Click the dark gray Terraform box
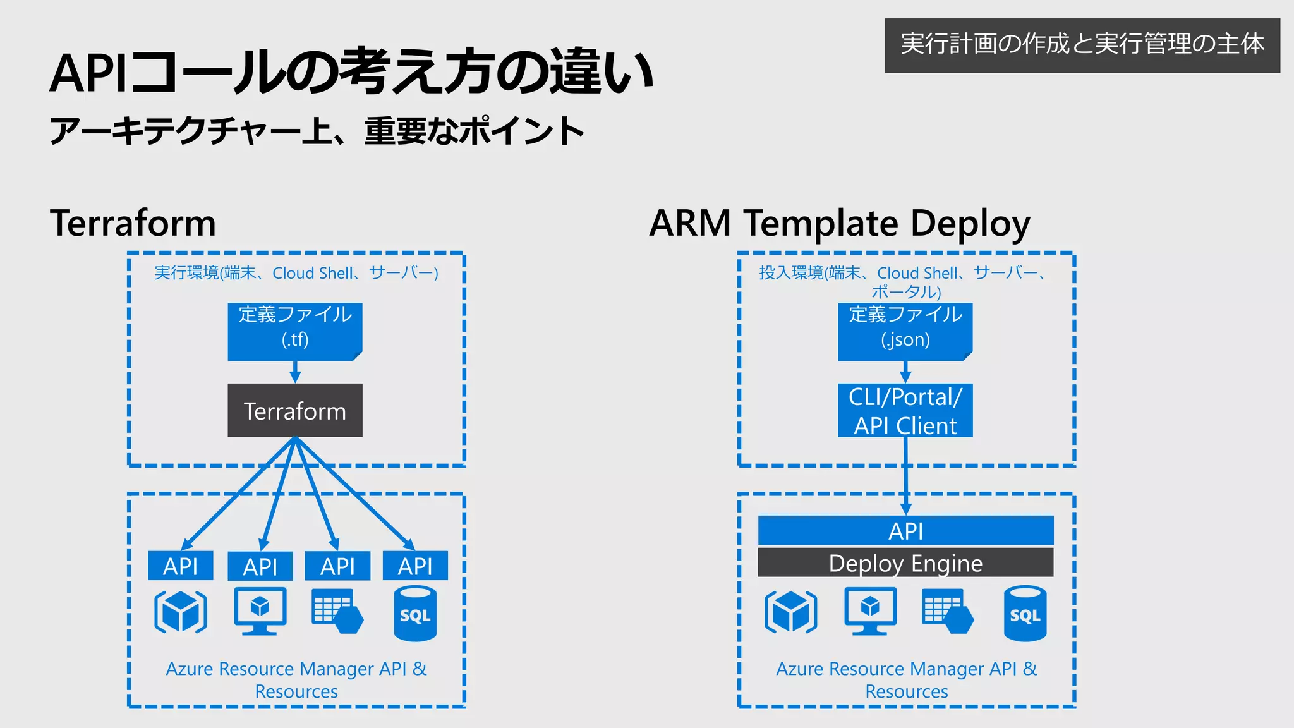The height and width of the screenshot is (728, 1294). [295, 411]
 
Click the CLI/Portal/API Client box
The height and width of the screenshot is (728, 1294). [905, 411]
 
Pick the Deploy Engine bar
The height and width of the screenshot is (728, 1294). [905, 562]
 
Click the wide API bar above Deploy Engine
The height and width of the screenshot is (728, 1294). [905, 531]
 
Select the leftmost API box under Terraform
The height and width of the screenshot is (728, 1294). [180, 566]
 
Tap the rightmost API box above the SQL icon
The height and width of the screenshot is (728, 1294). [415, 566]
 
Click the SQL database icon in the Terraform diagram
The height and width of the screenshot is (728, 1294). [415, 614]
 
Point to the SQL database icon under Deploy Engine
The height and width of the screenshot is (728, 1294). [1025, 614]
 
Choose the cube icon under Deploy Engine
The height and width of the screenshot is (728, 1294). [790, 612]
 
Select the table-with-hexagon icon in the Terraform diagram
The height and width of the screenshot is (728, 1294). [337, 611]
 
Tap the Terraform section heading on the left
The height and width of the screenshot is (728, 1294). [133, 223]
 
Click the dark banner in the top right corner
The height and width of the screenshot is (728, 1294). [1082, 45]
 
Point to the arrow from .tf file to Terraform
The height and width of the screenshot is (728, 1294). [295, 372]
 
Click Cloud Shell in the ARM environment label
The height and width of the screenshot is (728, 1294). [917, 273]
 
